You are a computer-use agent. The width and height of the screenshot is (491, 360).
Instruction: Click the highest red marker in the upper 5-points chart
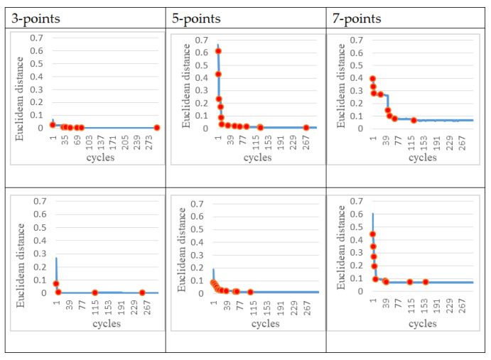tap(218, 51)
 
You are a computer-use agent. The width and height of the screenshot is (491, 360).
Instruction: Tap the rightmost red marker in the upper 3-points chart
tap(157, 128)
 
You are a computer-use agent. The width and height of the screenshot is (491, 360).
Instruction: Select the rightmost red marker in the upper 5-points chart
tap(306, 128)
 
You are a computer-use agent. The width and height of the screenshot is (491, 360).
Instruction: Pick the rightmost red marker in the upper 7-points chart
tap(414, 120)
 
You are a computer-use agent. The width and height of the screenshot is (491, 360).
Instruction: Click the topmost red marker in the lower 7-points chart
tap(372, 234)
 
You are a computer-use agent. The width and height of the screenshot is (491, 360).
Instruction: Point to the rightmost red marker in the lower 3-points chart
tap(142, 293)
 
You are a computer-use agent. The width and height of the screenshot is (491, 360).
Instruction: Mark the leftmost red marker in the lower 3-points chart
tap(56, 283)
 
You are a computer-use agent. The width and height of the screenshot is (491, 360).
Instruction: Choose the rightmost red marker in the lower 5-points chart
tap(250, 292)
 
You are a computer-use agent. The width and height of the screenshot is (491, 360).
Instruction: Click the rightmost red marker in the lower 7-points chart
tap(426, 282)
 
